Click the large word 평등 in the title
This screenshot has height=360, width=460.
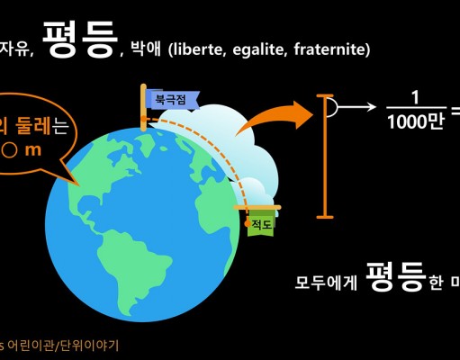(x=80, y=40)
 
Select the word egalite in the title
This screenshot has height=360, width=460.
(x=258, y=49)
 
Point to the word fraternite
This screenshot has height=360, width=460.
(x=329, y=49)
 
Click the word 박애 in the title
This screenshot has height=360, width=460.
(x=146, y=49)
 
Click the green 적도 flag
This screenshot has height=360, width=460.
(x=261, y=223)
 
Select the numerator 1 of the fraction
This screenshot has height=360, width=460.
(x=415, y=98)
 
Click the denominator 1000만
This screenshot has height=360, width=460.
(x=415, y=122)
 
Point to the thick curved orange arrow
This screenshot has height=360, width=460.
(x=274, y=118)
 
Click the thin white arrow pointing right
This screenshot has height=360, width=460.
(x=356, y=107)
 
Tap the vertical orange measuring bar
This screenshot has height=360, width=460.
(x=325, y=157)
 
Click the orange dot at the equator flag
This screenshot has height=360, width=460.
(x=248, y=223)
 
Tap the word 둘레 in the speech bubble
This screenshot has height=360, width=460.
(x=33, y=125)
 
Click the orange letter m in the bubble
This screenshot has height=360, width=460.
(x=33, y=150)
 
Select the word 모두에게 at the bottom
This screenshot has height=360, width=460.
(x=326, y=282)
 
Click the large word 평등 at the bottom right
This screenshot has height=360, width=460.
(x=396, y=276)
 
